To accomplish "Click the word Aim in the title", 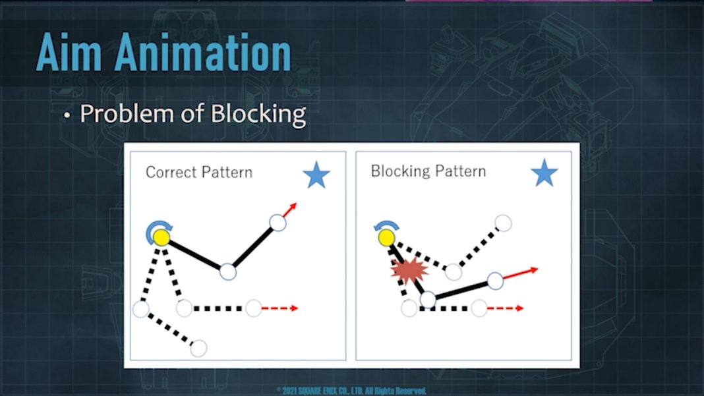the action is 70,53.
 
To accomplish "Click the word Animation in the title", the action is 203,53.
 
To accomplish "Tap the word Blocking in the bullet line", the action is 258,114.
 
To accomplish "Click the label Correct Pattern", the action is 199,172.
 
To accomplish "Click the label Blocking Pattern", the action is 428,171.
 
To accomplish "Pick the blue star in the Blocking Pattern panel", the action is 544,173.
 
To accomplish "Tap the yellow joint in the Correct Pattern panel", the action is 161,237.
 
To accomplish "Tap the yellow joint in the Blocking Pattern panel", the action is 386,237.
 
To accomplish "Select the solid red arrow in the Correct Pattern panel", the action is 290,210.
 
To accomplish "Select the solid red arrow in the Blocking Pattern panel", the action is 520,273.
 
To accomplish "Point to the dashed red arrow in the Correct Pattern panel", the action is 279,308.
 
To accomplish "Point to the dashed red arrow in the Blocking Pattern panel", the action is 506,308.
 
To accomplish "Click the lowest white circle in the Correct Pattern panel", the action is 198,348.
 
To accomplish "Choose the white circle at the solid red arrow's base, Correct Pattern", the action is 278,223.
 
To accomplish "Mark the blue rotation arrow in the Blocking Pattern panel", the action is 386,225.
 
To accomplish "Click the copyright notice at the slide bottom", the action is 351,391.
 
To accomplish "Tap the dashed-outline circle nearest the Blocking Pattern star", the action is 503,223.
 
